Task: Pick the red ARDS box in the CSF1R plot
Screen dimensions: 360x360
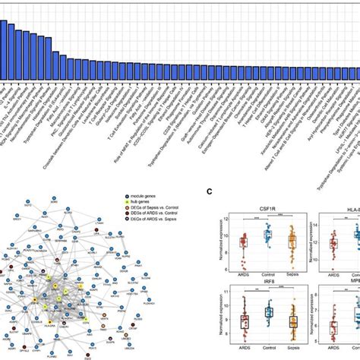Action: click(243, 242)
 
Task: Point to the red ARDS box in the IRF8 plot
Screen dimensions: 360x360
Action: click(243, 321)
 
